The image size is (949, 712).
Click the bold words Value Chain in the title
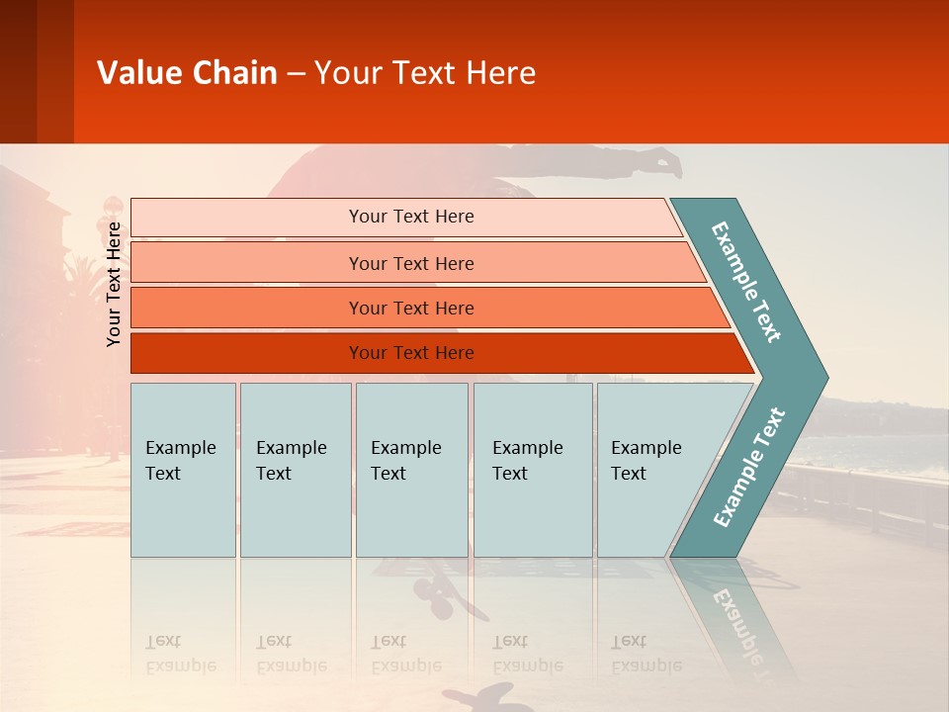(x=187, y=72)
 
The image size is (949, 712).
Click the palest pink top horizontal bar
(x=406, y=218)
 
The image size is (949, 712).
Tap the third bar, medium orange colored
(x=430, y=308)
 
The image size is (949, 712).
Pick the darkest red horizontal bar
(x=443, y=353)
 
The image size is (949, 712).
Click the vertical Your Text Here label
(x=113, y=284)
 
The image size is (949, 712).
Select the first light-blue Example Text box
(x=184, y=470)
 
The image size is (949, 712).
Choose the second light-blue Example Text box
(x=296, y=470)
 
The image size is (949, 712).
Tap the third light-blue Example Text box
(x=412, y=470)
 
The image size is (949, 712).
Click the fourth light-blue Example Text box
(x=533, y=470)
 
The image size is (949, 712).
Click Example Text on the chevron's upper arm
(x=745, y=282)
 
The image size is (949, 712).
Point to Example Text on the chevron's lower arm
(x=749, y=467)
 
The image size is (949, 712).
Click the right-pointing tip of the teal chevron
(x=827, y=378)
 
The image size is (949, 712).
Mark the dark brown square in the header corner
(x=18, y=71)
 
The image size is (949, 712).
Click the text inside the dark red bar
(x=411, y=353)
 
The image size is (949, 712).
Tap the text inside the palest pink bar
(x=411, y=217)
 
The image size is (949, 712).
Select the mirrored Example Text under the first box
(x=181, y=654)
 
